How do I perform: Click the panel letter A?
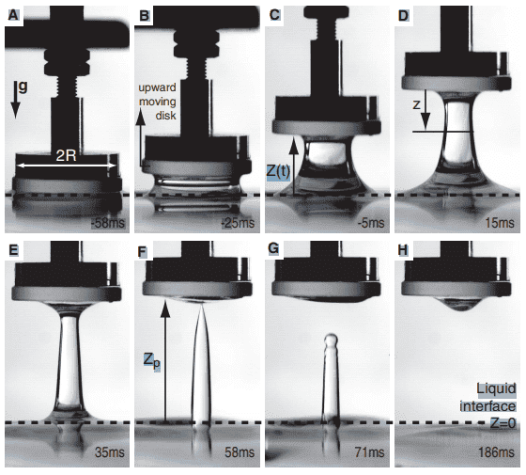click(x=12, y=15)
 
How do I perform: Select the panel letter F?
click(x=143, y=251)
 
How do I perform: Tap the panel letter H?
click(x=402, y=250)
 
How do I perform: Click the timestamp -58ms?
click(x=108, y=223)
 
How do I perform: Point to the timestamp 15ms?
click(x=500, y=223)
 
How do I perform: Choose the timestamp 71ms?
click(x=369, y=452)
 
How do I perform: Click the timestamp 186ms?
click(x=496, y=452)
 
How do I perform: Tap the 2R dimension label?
click(x=66, y=156)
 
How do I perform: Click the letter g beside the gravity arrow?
click(x=23, y=87)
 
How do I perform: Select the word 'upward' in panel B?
click(x=158, y=88)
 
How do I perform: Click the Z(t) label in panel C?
click(x=278, y=171)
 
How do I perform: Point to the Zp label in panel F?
click(x=151, y=362)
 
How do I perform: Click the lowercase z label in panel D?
click(x=416, y=105)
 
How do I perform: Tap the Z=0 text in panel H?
click(x=503, y=423)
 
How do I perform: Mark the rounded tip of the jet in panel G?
click(x=331, y=338)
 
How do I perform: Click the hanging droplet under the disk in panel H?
click(x=456, y=304)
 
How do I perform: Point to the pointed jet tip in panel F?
click(x=202, y=305)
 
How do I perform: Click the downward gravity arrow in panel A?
click(x=15, y=100)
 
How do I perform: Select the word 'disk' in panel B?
click(x=165, y=116)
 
